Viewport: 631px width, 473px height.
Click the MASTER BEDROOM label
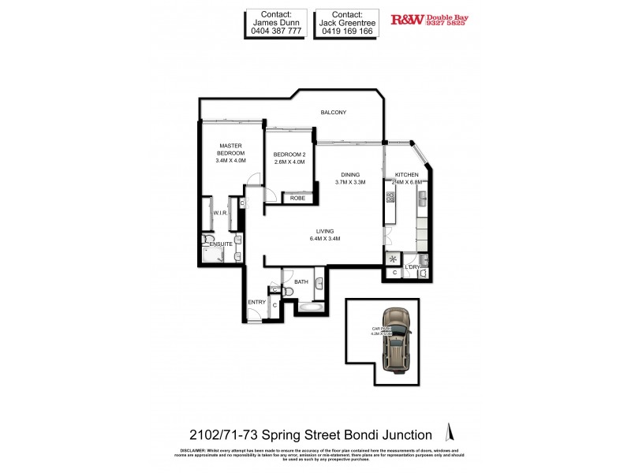coord(230,149)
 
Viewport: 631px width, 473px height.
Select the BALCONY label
coord(333,113)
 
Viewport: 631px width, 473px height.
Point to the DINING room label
coord(350,175)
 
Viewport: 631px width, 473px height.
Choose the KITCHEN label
coord(406,175)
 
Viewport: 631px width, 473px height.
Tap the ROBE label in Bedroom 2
coord(297,198)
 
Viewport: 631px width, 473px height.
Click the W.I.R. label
coord(220,214)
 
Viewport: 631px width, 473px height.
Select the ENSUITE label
coord(221,244)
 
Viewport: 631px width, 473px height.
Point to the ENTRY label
coord(256,302)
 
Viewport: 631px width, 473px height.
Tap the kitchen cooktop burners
coord(390,197)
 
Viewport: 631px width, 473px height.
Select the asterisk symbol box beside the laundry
coord(392,259)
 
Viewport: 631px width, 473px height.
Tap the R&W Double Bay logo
coord(428,20)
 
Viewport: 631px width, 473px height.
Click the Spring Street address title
coord(311,434)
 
